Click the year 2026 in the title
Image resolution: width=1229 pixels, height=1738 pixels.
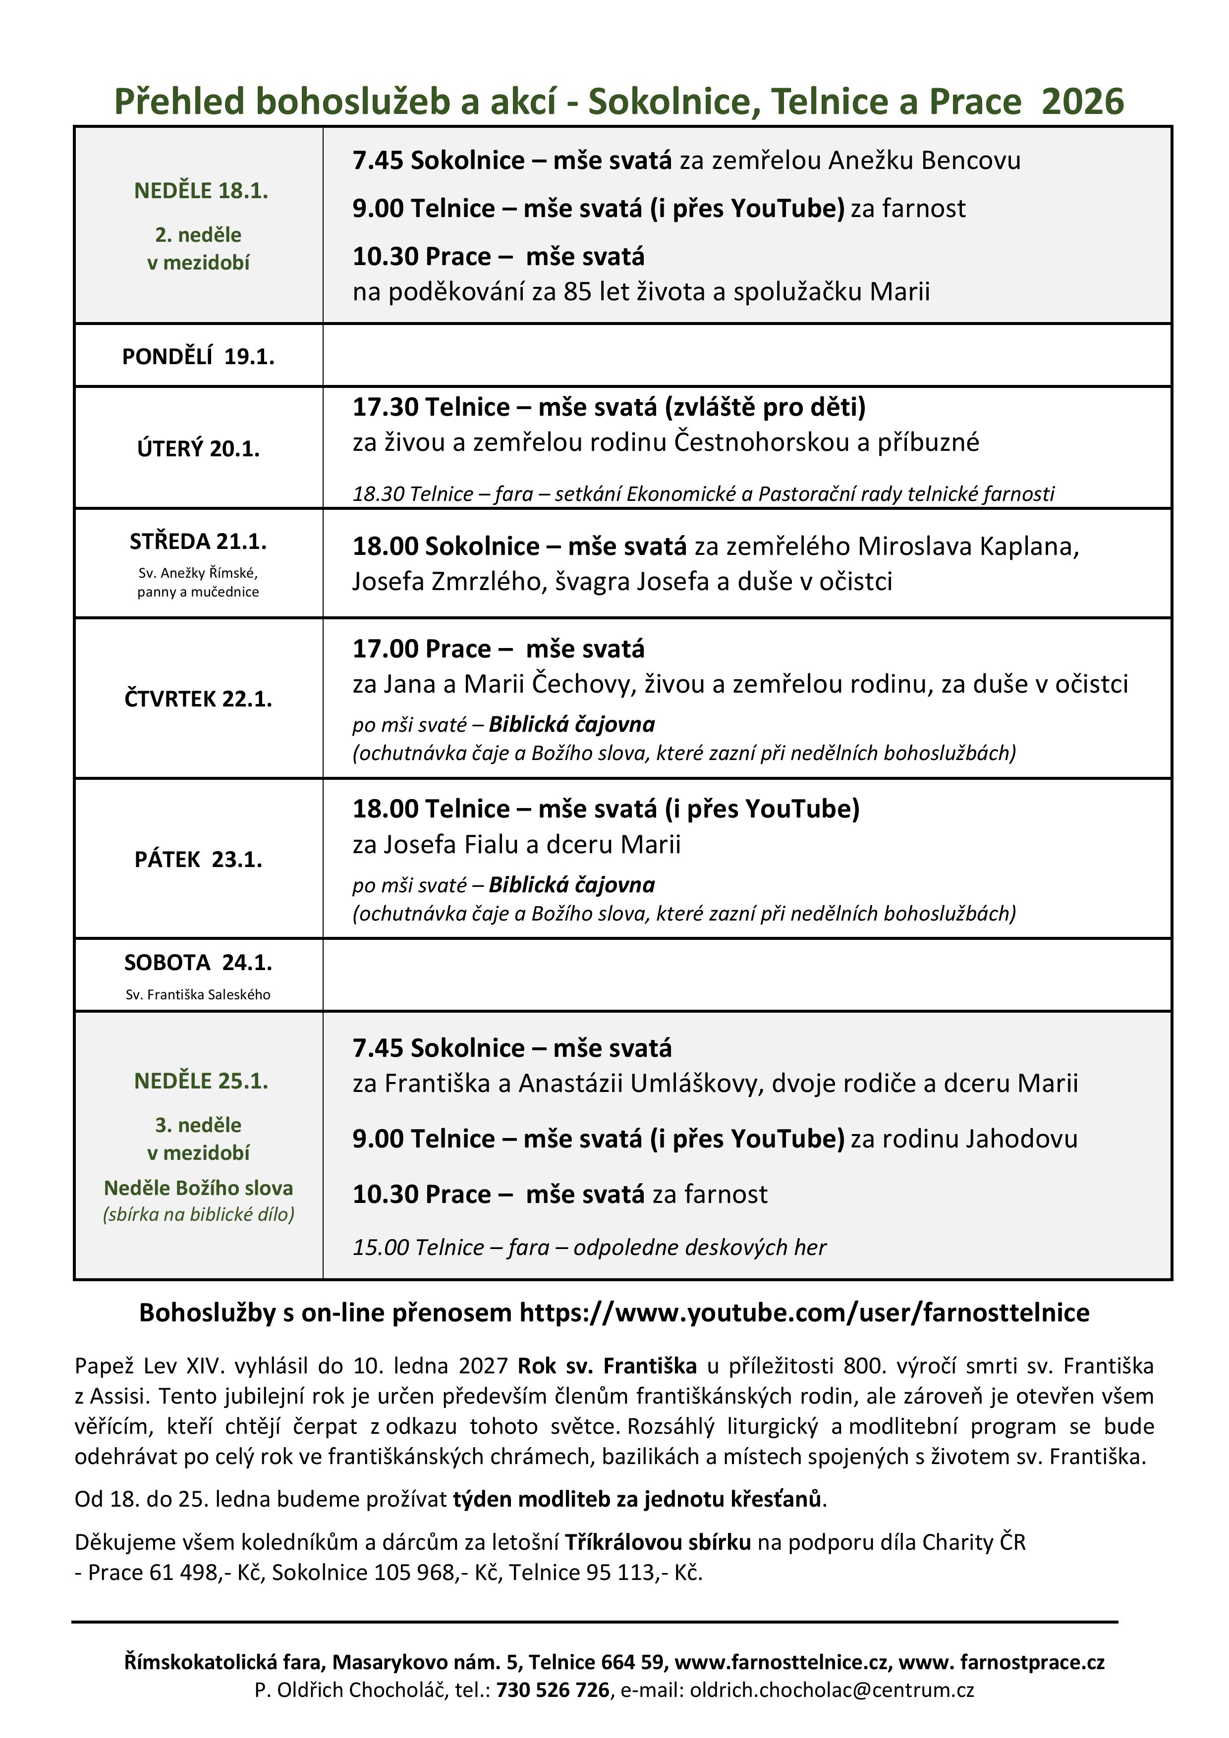(x=1082, y=102)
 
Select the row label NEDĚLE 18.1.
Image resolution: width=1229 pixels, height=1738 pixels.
(x=201, y=191)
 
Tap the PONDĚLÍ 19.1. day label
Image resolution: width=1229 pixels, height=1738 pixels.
(x=198, y=357)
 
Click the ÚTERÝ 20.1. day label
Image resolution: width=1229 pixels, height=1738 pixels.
(x=198, y=449)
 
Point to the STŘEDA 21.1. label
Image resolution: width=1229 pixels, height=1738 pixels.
(x=198, y=542)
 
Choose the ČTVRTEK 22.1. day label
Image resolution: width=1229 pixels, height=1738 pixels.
(x=198, y=699)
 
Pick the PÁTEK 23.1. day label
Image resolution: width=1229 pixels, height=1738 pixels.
(x=198, y=860)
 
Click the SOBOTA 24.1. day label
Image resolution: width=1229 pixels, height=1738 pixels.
(x=198, y=963)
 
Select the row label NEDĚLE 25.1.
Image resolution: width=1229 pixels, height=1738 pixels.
(x=201, y=1081)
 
